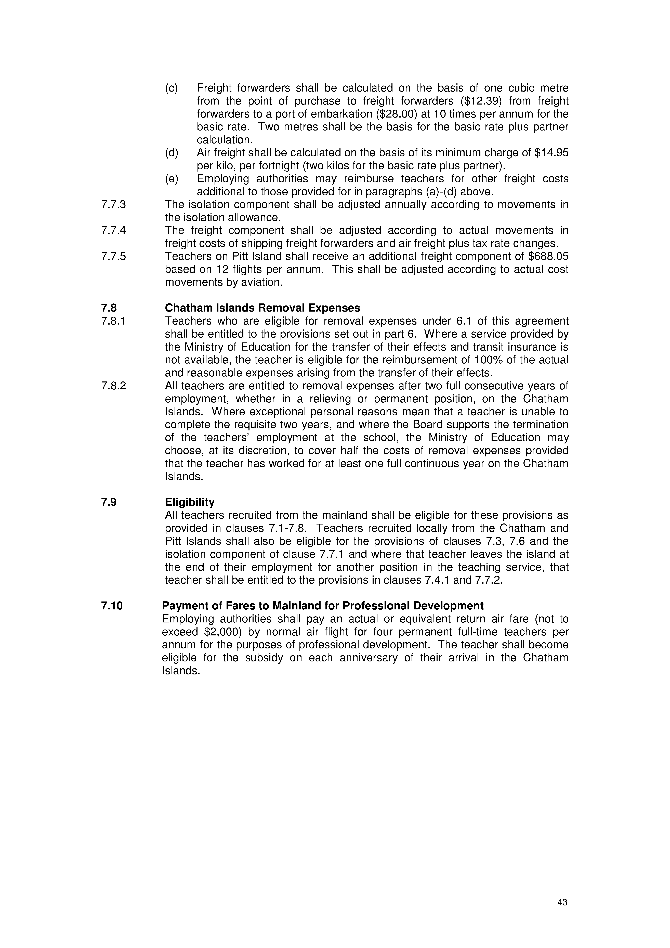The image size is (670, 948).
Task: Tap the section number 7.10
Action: tap(112, 606)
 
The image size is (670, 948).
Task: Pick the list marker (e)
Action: tap(171, 179)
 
